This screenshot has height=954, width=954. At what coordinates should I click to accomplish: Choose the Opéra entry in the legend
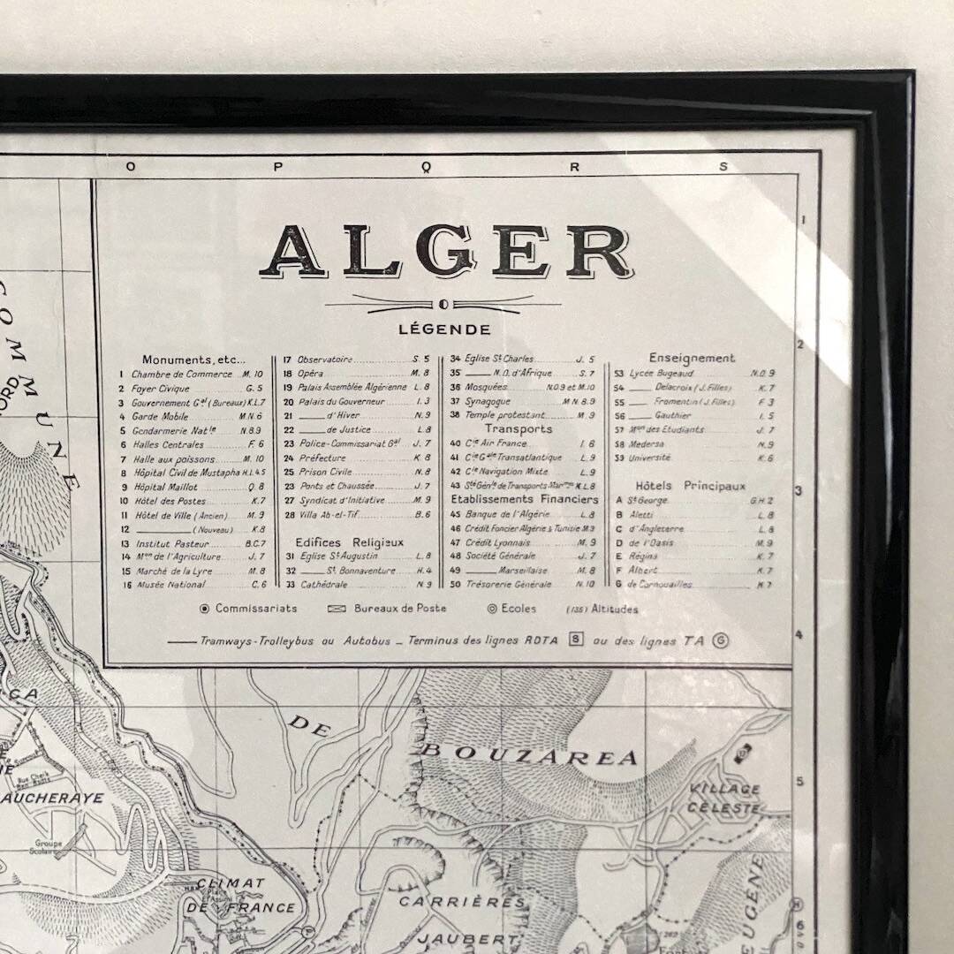310,374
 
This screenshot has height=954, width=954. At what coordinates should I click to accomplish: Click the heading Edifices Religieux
349,541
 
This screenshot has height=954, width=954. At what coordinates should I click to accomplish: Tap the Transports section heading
519,428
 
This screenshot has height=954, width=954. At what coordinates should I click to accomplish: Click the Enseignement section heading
692,358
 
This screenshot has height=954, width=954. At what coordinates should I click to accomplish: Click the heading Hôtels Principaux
690,486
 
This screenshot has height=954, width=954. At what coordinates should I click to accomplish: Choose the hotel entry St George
647,500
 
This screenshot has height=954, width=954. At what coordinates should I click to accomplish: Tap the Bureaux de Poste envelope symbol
336,609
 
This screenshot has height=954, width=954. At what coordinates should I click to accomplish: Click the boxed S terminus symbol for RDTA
576,640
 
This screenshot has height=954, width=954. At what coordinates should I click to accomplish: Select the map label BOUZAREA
527,755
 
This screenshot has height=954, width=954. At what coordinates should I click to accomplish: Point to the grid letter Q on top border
428,166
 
